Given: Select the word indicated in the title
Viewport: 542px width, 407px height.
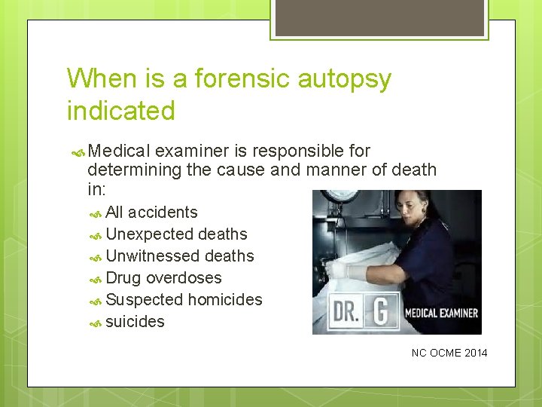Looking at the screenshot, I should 120,111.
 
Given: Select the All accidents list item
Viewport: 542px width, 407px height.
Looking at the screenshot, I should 151,213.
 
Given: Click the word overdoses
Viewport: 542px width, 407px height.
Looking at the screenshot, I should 184,278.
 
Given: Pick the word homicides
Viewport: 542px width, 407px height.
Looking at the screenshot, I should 225,300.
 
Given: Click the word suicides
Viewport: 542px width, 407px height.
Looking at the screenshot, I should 135,322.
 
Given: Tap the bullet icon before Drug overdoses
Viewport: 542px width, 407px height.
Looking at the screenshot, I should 96,279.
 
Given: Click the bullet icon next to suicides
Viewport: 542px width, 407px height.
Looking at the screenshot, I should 96,323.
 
